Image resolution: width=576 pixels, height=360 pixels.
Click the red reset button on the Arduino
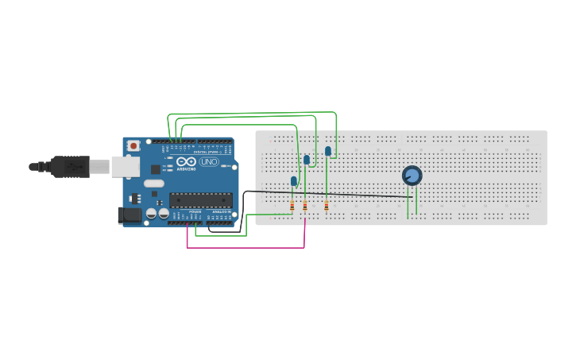pos(133,146)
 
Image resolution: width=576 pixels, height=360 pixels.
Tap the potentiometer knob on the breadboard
pos(412,176)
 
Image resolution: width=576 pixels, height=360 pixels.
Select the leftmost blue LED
pos(294,181)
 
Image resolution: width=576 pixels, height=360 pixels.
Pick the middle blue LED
pos(307,160)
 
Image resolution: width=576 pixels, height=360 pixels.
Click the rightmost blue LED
pos(327,151)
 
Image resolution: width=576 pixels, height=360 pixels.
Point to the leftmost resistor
pos(292,206)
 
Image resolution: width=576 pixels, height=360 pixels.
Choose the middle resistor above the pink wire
pos(305,206)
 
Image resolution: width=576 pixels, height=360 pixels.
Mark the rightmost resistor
pos(327,206)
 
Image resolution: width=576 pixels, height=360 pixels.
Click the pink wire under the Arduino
pos(246,248)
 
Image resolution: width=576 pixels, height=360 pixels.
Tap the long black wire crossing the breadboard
pos(334,193)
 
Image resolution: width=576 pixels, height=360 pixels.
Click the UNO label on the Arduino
pos(209,161)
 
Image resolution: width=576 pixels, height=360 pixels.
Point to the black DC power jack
pos(128,215)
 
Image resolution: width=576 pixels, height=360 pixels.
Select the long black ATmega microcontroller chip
pos(200,200)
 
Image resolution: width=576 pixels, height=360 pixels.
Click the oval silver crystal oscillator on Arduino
pos(153,184)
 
